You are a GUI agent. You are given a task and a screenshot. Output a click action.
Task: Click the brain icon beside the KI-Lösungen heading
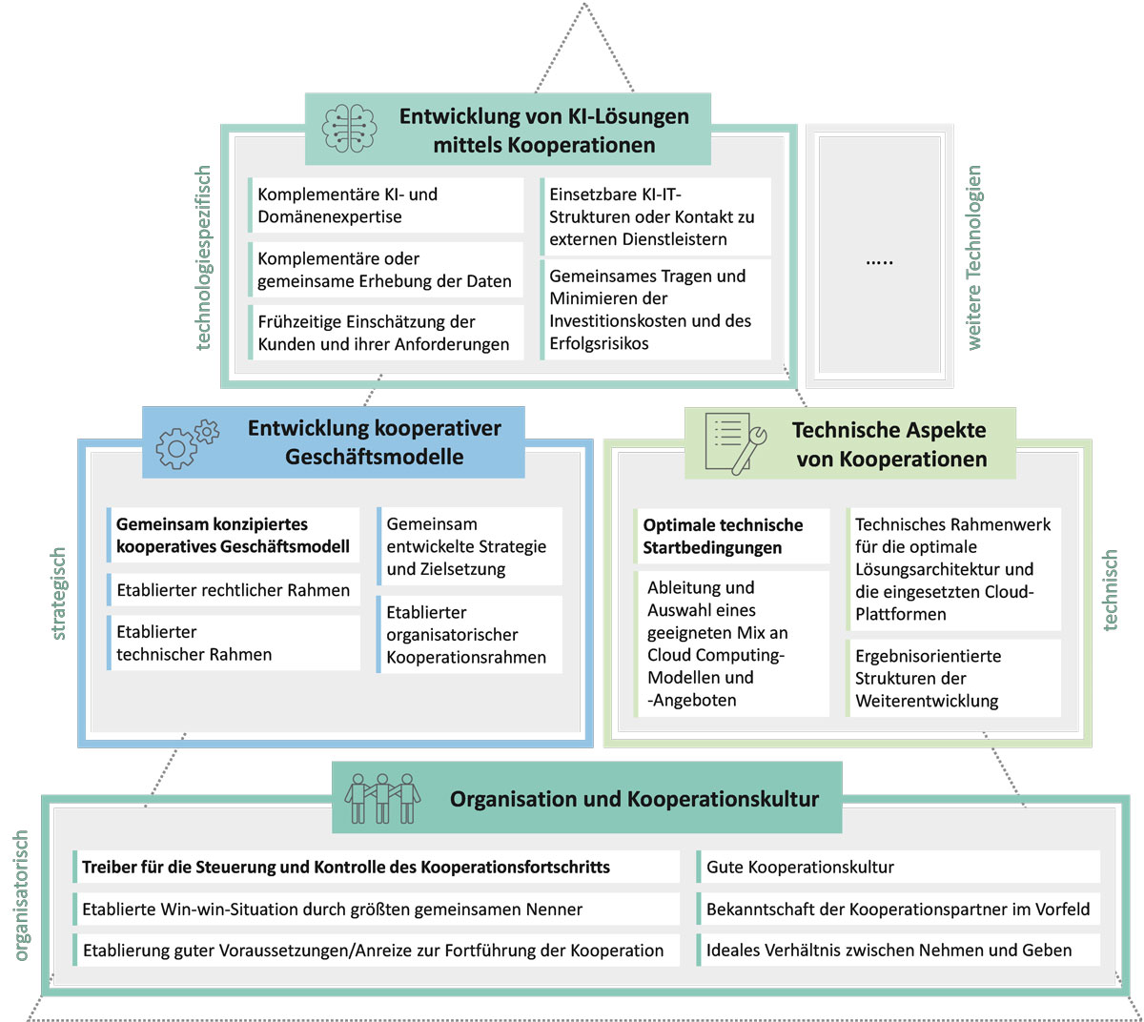click(349, 129)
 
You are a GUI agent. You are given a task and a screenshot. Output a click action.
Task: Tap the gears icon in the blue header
click(187, 443)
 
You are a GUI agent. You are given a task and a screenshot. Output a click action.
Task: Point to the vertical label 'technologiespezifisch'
click(203, 257)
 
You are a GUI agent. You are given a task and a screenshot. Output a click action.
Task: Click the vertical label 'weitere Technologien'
click(973, 257)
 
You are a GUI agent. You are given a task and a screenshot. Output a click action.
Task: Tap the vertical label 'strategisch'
click(59, 593)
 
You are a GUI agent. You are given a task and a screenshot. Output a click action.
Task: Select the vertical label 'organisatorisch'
click(21, 894)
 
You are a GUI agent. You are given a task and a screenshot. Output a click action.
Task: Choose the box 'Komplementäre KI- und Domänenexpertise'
click(386, 205)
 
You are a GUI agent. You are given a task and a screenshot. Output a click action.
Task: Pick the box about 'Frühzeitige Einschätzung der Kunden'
click(386, 333)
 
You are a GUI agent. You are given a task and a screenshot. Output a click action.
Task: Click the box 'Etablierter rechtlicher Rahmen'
click(234, 590)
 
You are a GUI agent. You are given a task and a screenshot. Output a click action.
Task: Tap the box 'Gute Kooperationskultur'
click(898, 867)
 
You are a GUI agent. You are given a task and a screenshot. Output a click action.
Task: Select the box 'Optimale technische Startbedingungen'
click(732, 536)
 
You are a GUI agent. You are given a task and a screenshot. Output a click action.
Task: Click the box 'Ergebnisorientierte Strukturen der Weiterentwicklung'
click(954, 678)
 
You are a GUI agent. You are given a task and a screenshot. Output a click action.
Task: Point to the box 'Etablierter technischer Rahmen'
click(234, 643)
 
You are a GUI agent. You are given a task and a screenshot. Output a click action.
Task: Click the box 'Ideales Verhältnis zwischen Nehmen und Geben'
click(898, 950)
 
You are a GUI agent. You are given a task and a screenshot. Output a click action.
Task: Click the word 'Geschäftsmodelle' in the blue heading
click(375, 457)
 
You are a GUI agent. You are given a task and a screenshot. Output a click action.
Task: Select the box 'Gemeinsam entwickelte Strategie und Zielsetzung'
click(469, 546)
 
